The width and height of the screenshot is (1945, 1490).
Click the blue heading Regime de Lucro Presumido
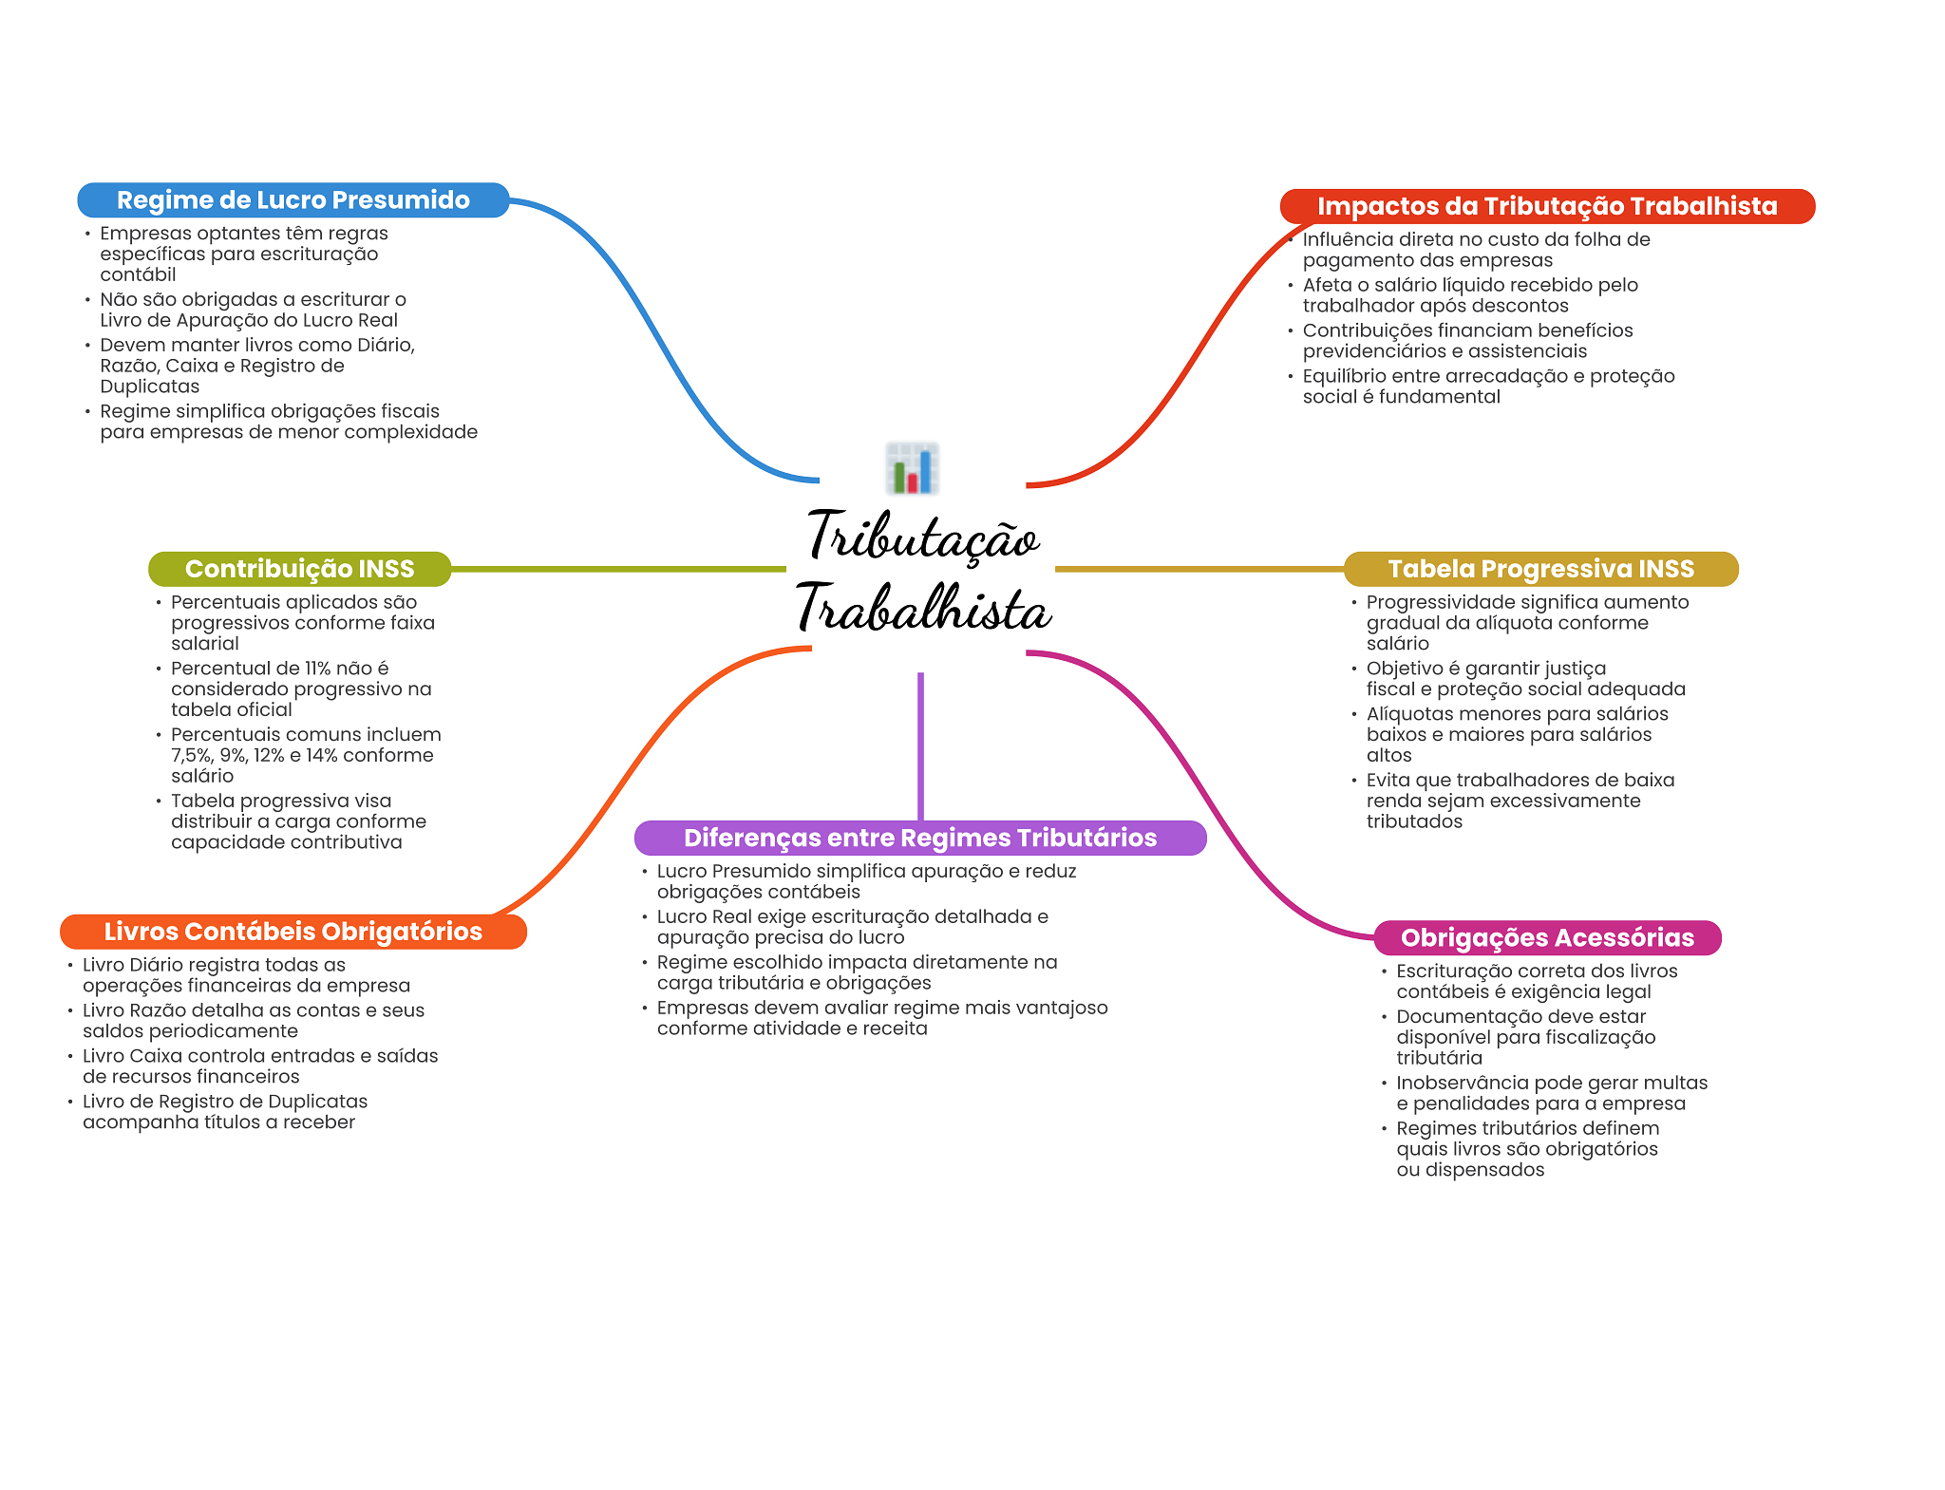293,200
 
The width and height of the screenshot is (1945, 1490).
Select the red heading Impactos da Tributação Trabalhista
1547,206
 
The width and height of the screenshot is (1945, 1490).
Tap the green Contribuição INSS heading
299,569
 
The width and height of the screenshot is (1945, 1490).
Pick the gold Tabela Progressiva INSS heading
1540,569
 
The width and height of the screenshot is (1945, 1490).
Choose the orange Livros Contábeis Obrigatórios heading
293,932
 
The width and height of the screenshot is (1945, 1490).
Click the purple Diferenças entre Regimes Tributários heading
920,838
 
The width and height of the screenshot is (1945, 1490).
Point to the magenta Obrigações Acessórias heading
1547,938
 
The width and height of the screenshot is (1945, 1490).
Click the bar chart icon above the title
912,468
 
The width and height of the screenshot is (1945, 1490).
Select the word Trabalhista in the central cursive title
923,608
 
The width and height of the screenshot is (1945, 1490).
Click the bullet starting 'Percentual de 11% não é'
301,689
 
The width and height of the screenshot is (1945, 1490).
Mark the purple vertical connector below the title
920,746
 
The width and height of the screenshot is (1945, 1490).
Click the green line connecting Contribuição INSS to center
618,569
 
